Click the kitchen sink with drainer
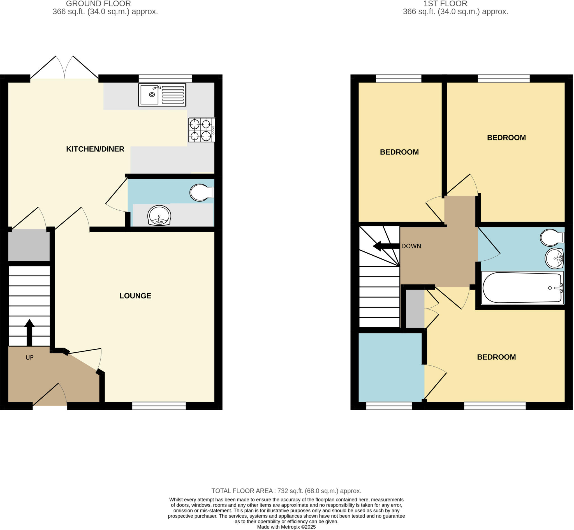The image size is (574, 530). point(162,95)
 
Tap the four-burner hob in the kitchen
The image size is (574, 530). point(202,130)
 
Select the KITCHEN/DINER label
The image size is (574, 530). point(95,149)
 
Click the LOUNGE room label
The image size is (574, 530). point(135,296)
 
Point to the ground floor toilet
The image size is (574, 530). point(202,193)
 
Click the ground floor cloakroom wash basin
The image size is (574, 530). point(159,215)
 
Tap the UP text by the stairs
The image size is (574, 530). point(29,357)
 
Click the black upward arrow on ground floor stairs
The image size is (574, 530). point(29,332)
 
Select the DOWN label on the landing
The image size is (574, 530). point(411,246)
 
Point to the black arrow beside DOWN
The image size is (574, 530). point(386,246)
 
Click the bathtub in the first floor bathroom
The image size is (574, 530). point(522,288)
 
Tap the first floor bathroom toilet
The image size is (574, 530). point(552,237)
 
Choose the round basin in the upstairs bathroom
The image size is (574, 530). point(554,258)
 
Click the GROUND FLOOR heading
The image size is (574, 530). point(98,4)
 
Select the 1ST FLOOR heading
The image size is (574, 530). point(445,4)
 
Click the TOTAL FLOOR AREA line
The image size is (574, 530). point(286,491)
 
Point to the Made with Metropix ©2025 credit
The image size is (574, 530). point(286,527)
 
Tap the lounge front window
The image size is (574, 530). point(159,406)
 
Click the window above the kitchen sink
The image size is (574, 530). point(165,78)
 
